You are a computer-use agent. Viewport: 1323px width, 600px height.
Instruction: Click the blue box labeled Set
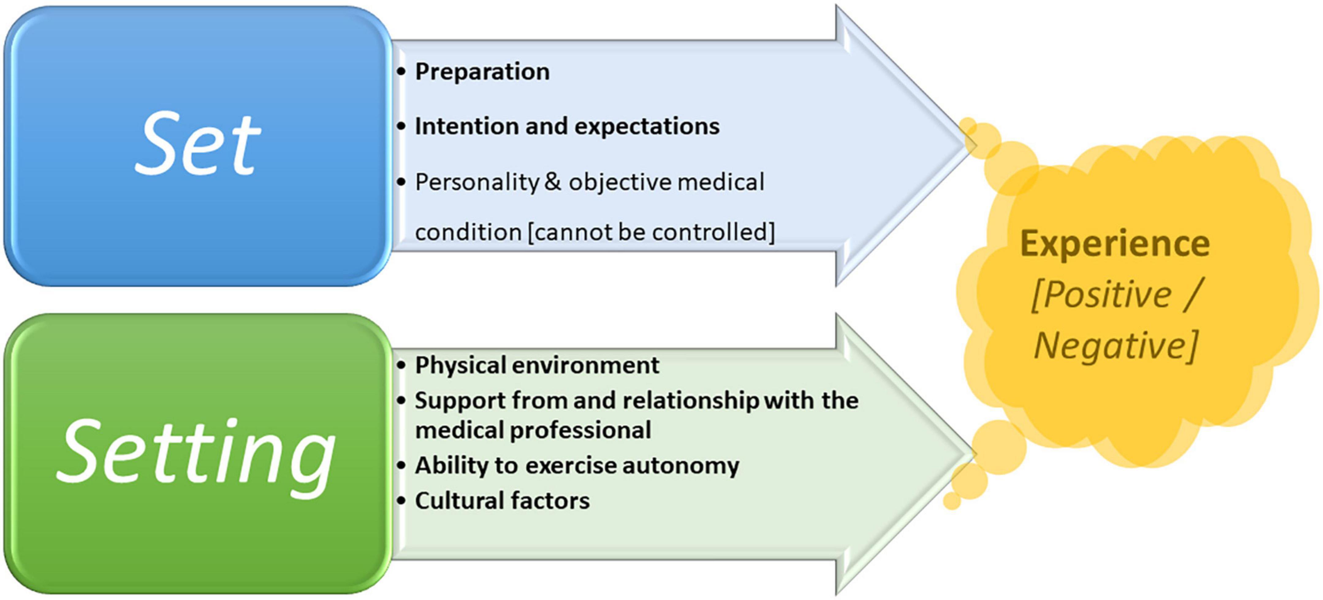point(198,146)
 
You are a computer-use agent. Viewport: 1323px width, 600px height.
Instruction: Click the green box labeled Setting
point(198,454)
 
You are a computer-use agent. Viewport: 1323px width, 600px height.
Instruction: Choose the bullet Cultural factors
point(493,501)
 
